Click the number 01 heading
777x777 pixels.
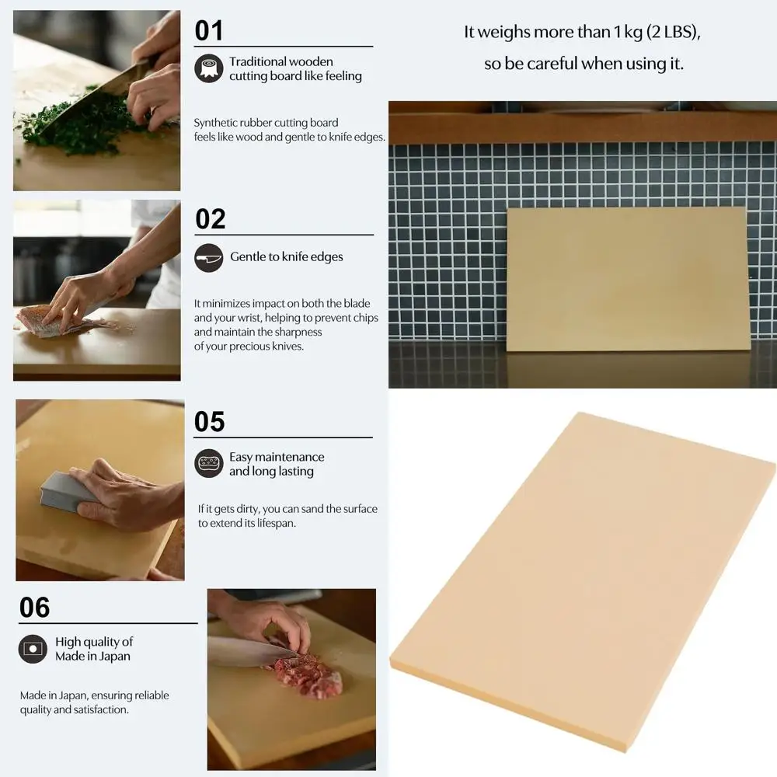[x=208, y=31]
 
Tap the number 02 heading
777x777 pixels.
[x=210, y=219]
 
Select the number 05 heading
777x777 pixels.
[x=209, y=422]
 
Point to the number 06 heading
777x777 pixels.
[x=35, y=608]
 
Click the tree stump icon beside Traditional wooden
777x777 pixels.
[x=208, y=68]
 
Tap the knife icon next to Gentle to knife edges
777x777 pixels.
[x=208, y=257]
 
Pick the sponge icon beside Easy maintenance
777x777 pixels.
[x=208, y=464]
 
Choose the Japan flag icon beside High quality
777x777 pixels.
[x=33, y=649]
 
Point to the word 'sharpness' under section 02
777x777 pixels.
[x=297, y=333]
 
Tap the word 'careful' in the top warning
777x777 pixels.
[x=552, y=64]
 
